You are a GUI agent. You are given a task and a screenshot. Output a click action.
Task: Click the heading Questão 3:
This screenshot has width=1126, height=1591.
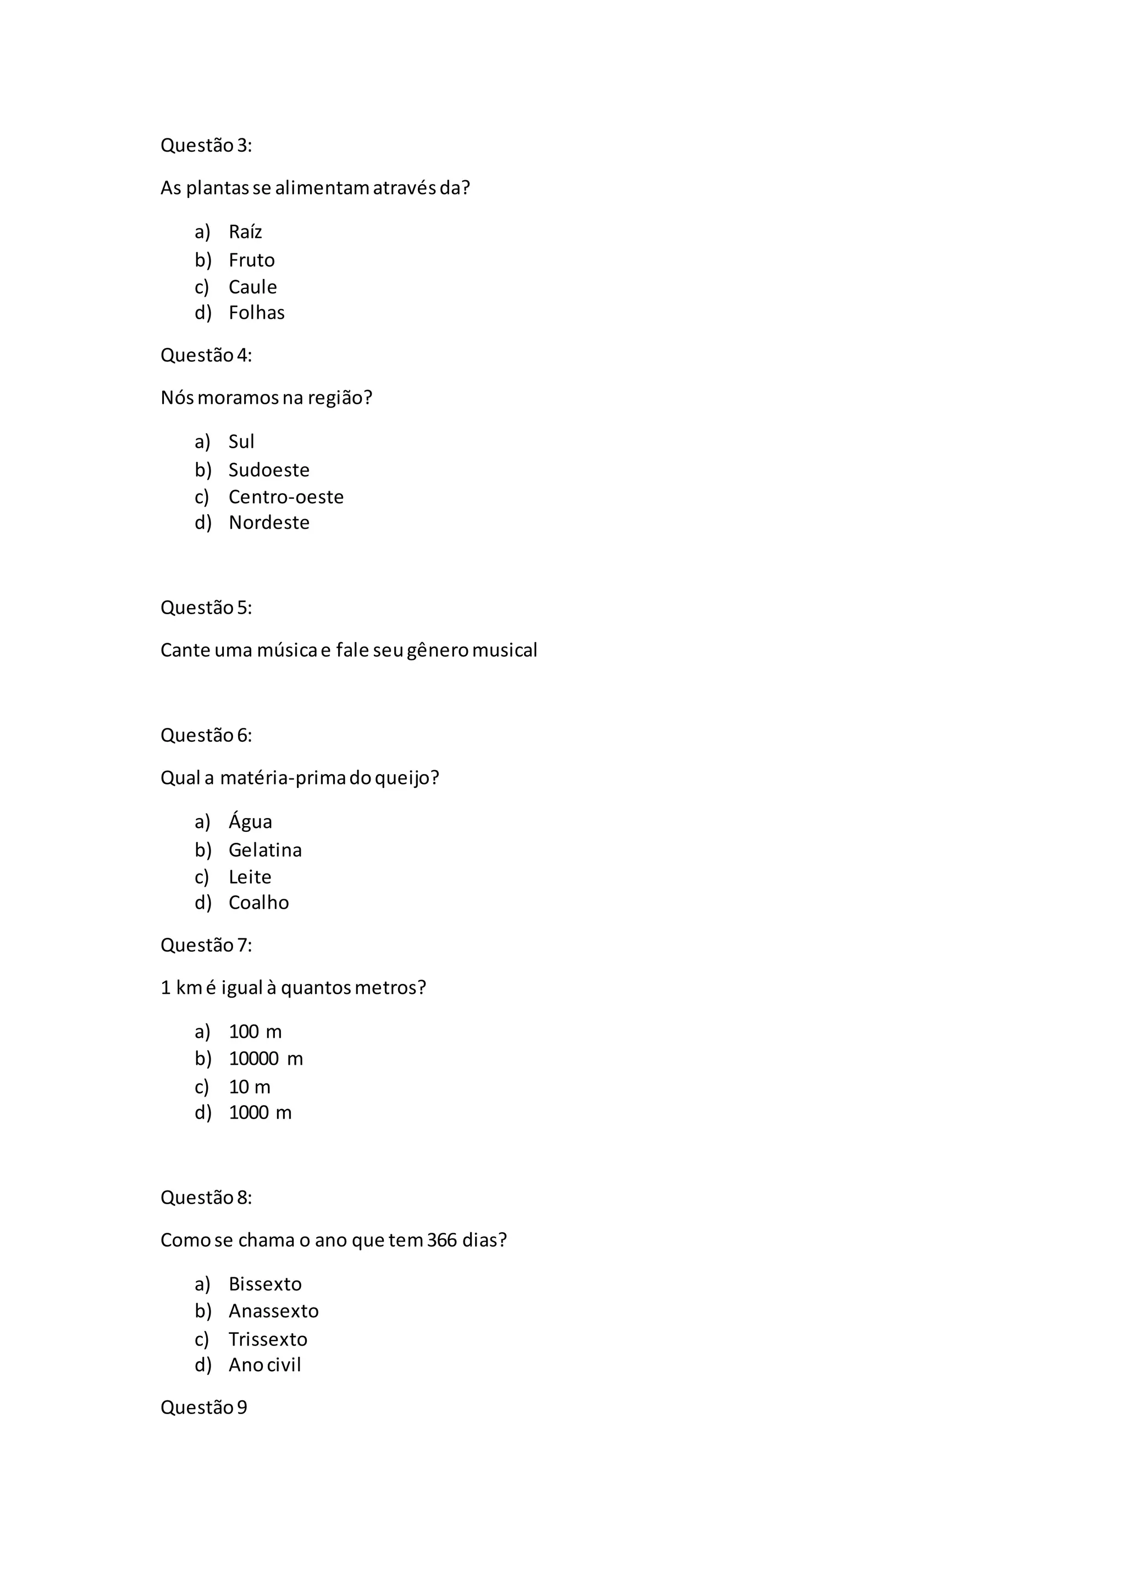click(x=206, y=146)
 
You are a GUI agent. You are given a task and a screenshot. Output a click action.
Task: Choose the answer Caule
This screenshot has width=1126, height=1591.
click(x=252, y=287)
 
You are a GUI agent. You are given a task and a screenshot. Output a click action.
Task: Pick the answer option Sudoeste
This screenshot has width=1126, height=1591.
click(x=268, y=470)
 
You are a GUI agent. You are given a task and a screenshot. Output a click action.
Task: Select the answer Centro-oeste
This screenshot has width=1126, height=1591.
click(x=286, y=497)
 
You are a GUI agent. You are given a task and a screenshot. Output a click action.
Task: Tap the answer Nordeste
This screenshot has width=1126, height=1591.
click(x=268, y=522)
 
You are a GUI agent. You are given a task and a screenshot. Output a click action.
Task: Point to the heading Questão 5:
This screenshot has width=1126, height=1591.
click(x=206, y=608)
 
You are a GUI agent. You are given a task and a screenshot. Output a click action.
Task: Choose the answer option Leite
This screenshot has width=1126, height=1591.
click(x=250, y=877)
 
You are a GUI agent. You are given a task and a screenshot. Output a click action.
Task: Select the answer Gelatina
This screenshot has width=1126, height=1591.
click(x=265, y=850)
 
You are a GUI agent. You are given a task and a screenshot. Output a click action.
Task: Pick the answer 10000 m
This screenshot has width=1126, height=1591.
click(x=266, y=1059)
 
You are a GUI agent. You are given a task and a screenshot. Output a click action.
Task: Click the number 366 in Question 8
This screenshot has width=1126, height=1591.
click(x=441, y=1240)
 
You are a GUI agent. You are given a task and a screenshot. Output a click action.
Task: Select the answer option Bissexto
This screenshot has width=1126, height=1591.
click(x=265, y=1284)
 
